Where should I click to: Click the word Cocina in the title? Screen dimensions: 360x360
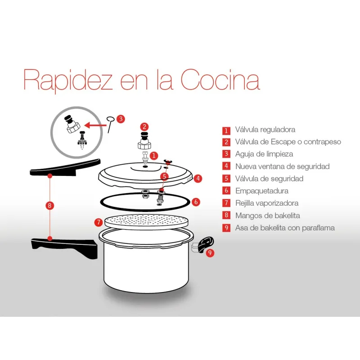click(220, 80)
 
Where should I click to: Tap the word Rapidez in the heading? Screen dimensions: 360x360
click(68, 81)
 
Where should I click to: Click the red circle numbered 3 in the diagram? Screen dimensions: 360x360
click(121, 119)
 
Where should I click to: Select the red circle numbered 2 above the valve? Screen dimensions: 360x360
click(144, 127)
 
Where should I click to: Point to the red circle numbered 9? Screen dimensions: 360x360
click(210, 253)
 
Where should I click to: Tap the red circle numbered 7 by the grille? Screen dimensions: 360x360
click(99, 222)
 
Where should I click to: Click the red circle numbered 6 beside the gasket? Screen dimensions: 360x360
click(196, 202)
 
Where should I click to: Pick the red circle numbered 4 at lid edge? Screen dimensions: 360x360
click(198, 178)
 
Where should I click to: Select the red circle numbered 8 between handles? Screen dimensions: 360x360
click(49, 205)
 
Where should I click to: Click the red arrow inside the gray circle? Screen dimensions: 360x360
click(95, 126)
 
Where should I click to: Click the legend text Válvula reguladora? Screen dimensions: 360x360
click(265, 130)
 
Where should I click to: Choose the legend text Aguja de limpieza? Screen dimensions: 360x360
click(264, 154)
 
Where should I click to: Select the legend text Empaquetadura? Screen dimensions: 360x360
click(262, 191)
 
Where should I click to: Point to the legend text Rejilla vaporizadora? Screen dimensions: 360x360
click(267, 203)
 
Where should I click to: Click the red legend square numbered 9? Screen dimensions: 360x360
click(226, 228)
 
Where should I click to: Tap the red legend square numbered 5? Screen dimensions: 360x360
click(226, 179)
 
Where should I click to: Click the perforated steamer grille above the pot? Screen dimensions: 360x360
click(146, 222)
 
